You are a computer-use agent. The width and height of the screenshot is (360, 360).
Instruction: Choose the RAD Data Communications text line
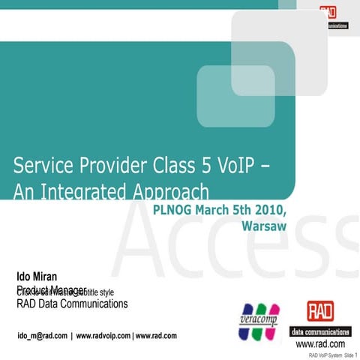pos(73,304)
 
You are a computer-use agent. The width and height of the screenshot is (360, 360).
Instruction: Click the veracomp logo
pos(259,319)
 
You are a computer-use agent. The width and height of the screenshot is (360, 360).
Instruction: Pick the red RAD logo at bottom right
pos(322,310)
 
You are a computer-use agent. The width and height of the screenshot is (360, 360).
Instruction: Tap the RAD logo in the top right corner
pos(328,13)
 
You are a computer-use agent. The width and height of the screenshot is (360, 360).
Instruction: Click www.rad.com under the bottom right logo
pos(320,343)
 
